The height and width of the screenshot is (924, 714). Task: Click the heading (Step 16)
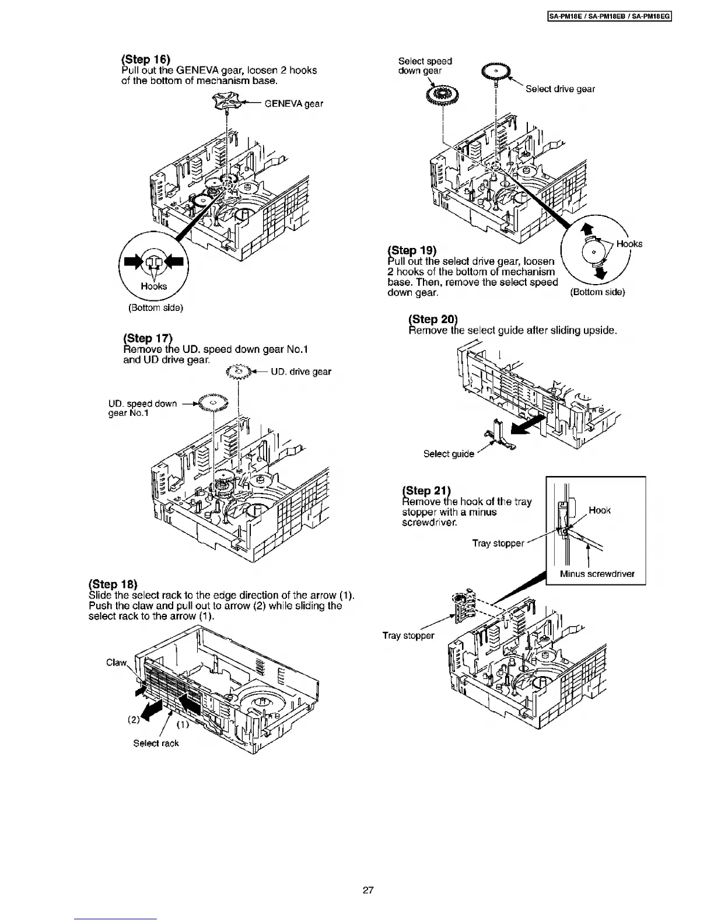pyautogui.click(x=146, y=60)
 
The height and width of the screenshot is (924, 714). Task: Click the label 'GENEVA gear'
pyautogui.click(x=293, y=104)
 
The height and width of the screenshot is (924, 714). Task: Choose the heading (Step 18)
pyautogui.click(x=113, y=584)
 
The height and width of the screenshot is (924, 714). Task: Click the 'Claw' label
pyautogui.click(x=116, y=663)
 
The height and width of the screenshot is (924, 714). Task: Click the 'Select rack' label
pyautogui.click(x=156, y=743)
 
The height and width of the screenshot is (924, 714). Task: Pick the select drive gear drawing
pyautogui.click(x=495, y=73)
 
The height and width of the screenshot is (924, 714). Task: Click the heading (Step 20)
pyautogui.click(x=433, y=319)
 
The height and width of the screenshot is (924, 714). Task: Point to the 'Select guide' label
pyautogui.click(x=449, y=454)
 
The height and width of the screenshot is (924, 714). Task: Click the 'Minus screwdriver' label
pyautogui.click(x=597, y=573)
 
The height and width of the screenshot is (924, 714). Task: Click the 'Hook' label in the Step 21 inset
pyautogui.click(x=600, y=510)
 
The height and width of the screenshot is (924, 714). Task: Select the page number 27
pyautogui.click(x=367, y=891)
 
